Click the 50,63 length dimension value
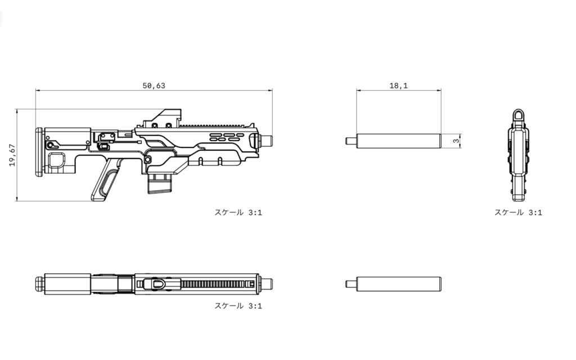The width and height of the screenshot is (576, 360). coord(154,85)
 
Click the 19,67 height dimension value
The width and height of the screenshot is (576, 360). coord(12,155)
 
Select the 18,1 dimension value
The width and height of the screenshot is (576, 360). coord(399,85)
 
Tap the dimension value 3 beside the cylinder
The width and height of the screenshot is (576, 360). coord(456,141)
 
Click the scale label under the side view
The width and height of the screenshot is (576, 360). coord(238,212)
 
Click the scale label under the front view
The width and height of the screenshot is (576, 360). coord(518,212)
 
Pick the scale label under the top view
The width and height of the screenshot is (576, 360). coord(238,305)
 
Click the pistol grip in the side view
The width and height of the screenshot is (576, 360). coord(105,181)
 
